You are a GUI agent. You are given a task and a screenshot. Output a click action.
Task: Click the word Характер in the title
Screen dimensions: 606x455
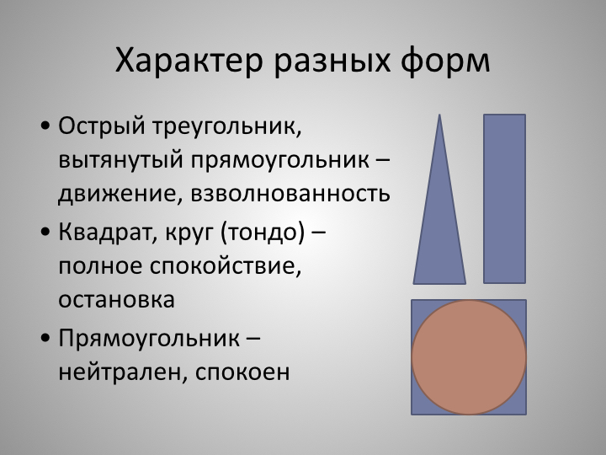189,62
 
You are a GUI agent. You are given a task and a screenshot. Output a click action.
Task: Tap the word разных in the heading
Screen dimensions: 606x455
332,62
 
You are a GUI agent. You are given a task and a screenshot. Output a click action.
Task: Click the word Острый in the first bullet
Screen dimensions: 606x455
102,127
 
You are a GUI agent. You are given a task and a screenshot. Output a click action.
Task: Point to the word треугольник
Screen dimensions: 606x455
227,127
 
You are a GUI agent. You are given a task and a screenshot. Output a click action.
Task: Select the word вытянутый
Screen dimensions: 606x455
120,160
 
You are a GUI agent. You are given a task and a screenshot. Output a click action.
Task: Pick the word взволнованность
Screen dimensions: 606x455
290,194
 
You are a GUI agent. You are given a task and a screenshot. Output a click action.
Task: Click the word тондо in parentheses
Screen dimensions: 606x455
263,233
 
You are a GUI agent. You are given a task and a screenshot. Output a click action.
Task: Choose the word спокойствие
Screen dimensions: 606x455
226,266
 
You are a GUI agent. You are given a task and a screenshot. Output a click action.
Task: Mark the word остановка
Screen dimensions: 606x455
117,300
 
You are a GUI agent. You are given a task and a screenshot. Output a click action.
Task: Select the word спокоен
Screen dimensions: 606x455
242,372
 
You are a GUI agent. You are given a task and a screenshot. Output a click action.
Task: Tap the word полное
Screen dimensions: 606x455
100,266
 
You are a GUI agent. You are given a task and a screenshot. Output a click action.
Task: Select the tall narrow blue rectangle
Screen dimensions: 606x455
504,199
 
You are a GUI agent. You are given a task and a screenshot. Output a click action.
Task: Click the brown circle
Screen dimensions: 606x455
469,357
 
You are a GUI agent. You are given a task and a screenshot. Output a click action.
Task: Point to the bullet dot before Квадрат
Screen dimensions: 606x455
45,232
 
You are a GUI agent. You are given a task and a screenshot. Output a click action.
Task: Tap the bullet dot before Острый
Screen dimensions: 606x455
45,126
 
